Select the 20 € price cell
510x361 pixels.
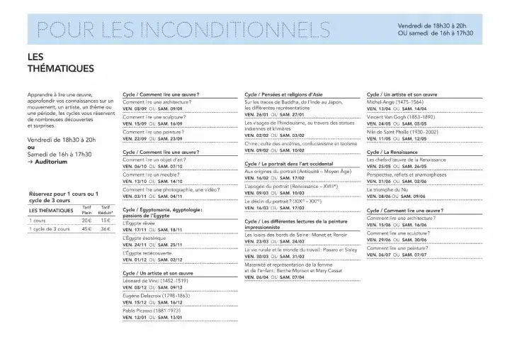point(87,221)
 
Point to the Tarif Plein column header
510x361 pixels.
point(87,209)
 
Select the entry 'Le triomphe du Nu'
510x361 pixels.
point(389,189)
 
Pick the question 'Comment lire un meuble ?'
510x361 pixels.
point(151,174)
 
